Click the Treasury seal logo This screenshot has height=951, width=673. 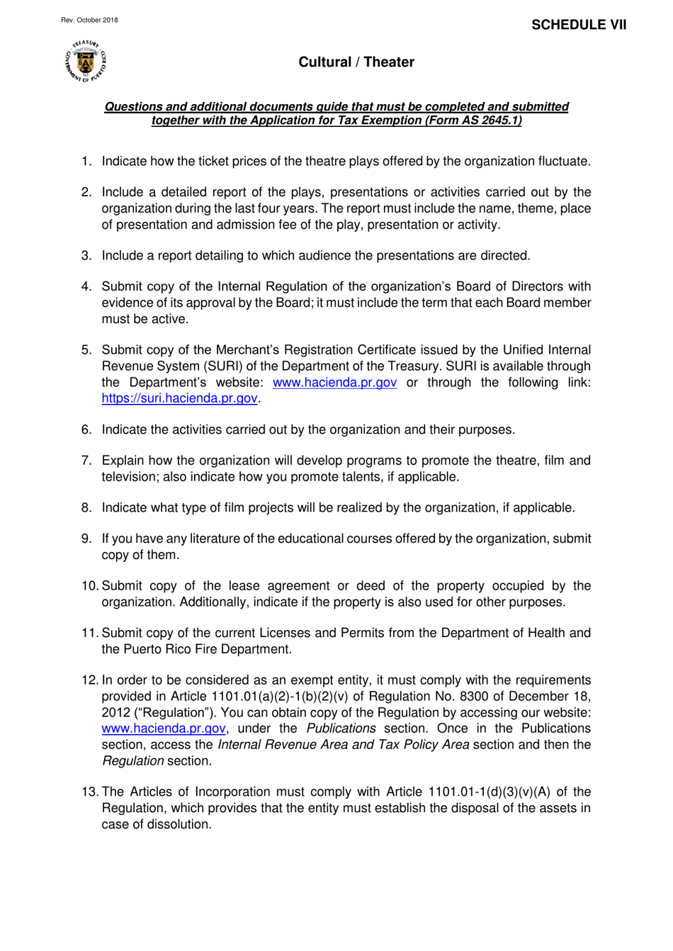point(86,62)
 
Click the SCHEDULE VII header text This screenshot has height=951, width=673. point(579,25)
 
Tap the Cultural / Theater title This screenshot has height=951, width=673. point(356,62)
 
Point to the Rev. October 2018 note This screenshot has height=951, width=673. point(89,20)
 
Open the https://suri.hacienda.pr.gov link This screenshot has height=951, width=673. point(179,398)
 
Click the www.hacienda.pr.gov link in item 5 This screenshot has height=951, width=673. point(334,383)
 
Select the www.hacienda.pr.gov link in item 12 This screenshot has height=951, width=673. point(164,728)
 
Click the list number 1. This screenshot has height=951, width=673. point(86,162)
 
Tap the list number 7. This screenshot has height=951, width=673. point(86,461)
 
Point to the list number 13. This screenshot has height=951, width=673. point(89,792)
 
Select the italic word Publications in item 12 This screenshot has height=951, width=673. point(341,728)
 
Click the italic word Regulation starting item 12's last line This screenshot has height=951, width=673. point(132,761)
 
